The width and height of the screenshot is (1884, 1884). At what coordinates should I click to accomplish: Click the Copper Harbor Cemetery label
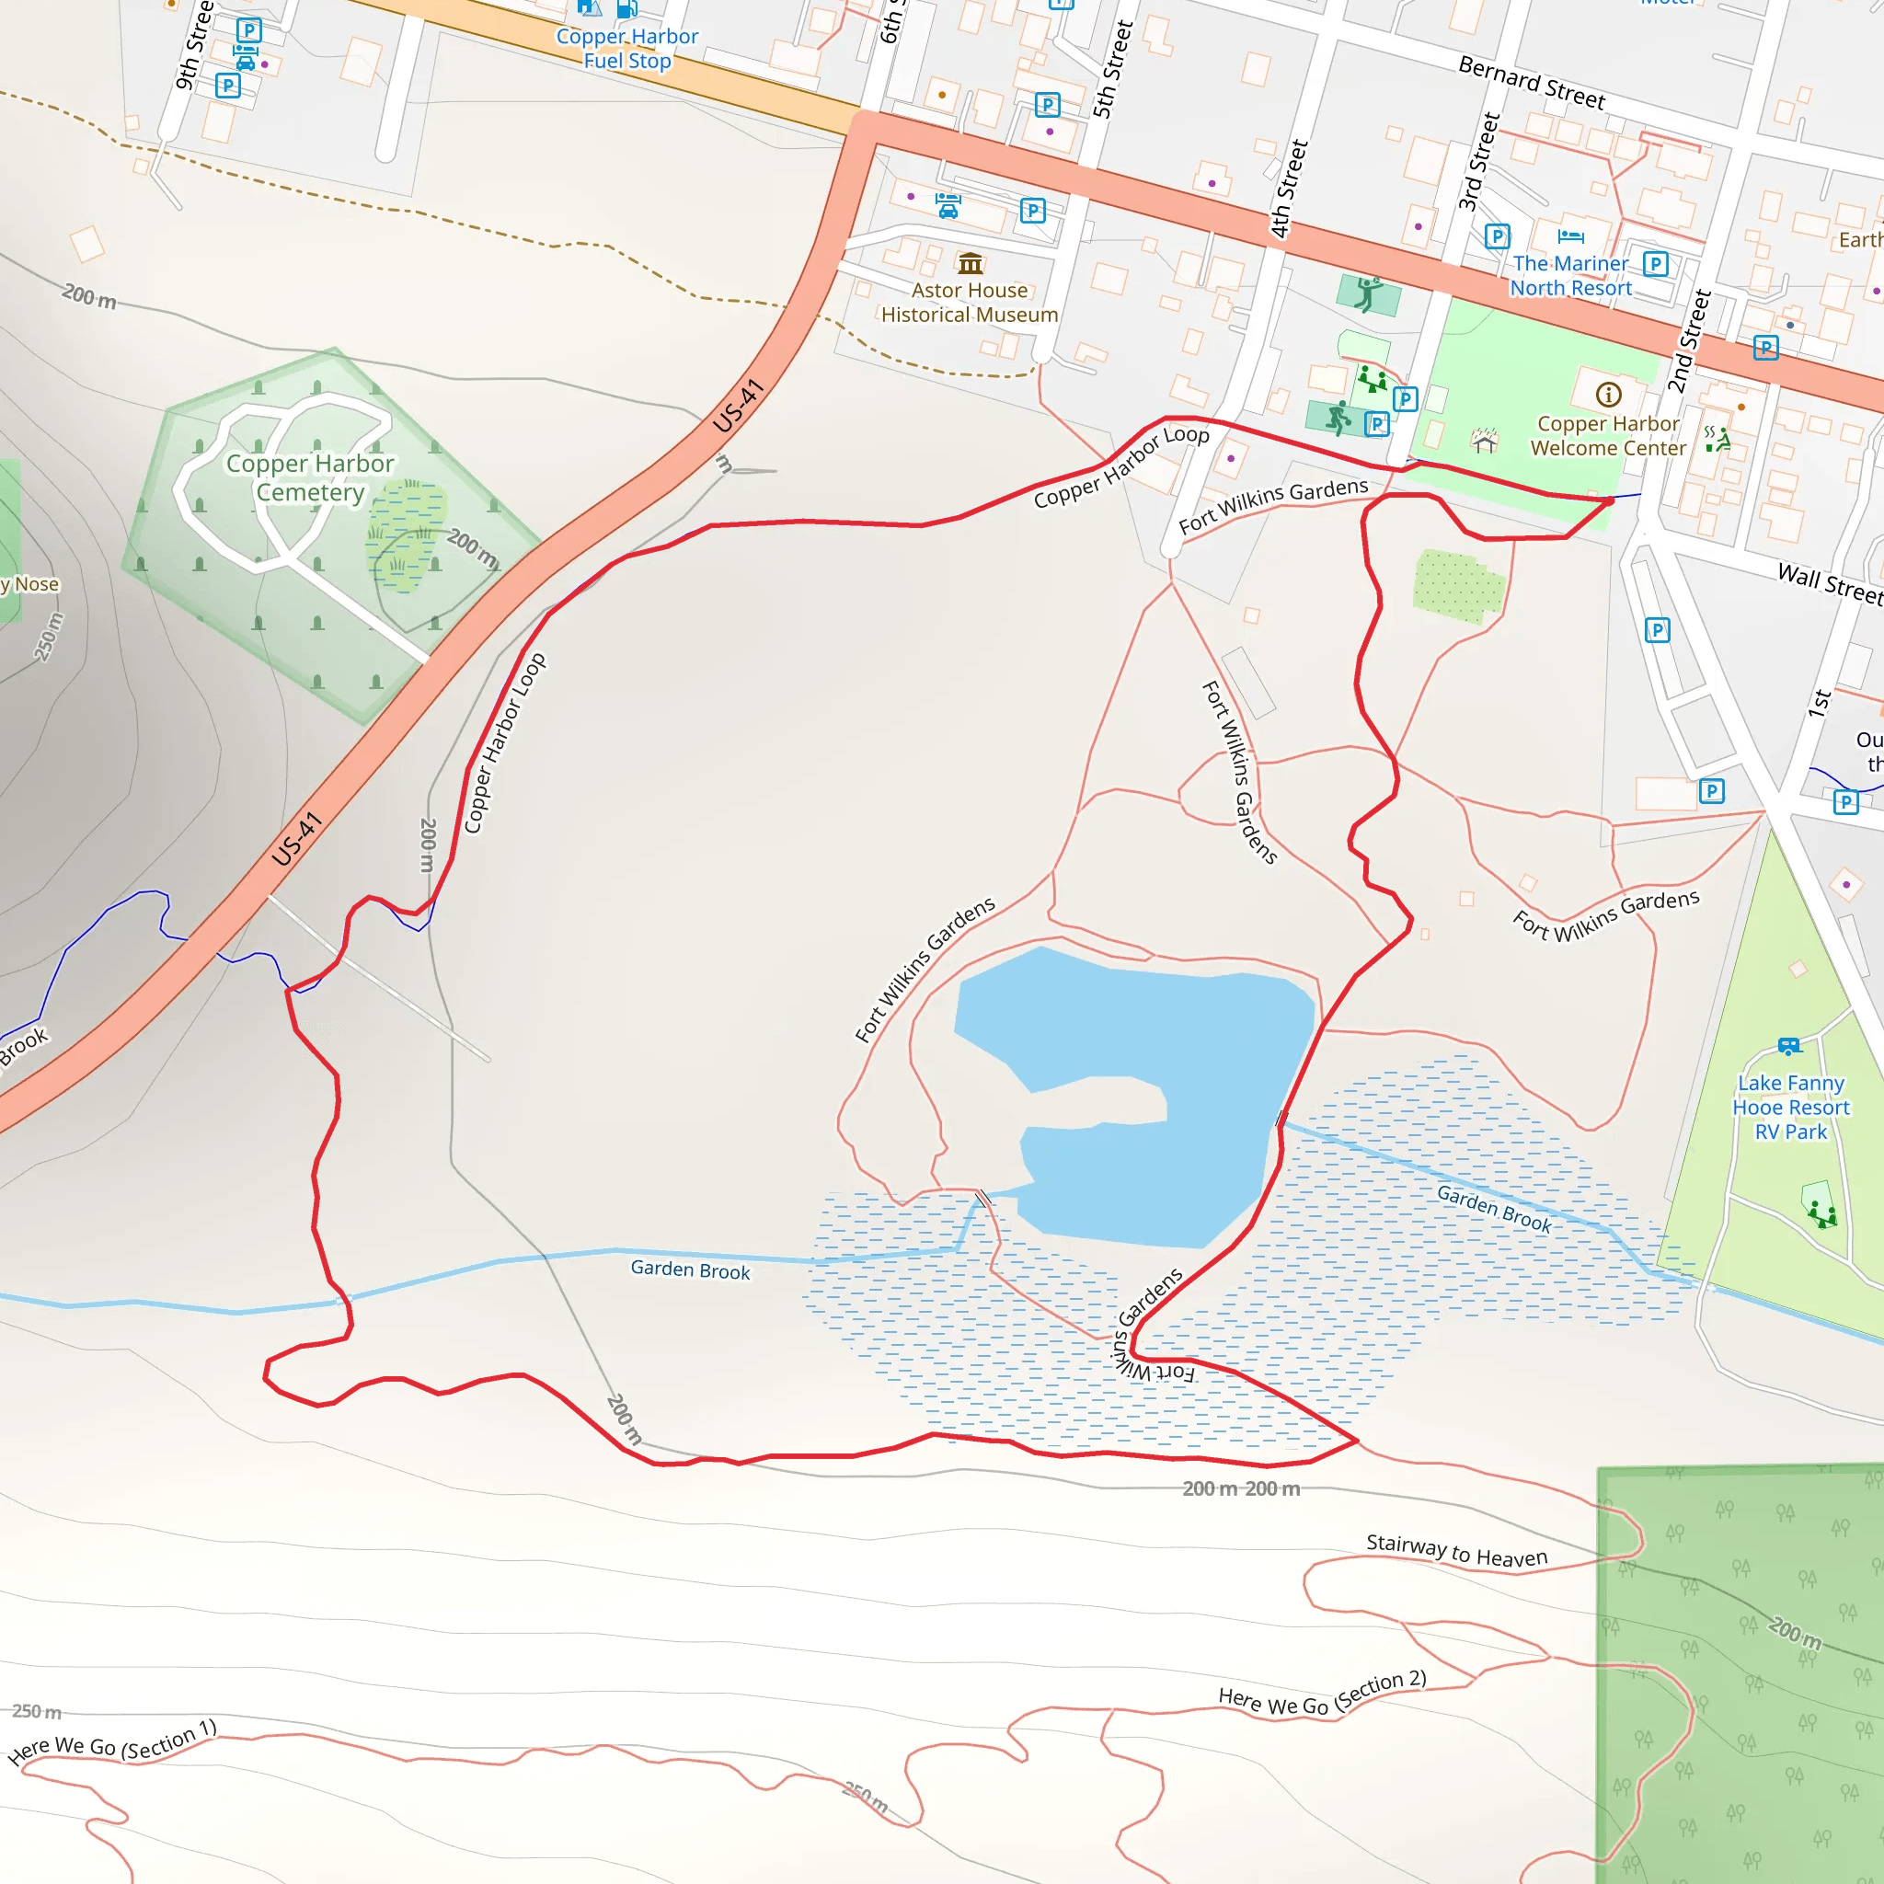point(310,477)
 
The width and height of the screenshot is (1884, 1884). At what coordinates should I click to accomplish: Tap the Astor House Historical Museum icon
point(971,263)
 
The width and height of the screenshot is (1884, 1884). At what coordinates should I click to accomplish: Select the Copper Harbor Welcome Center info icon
point(1609,394)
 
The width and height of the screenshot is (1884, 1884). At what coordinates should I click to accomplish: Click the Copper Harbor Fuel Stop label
point(627,49)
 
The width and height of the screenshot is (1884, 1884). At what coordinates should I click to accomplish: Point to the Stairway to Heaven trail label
point(1456,1549)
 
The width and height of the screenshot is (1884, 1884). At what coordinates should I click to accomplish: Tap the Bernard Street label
point(1531,82)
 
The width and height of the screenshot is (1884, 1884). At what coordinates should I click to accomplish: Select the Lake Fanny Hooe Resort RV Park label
point(1790,1107)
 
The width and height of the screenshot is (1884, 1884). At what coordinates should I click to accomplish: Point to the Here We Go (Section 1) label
point(112,1742)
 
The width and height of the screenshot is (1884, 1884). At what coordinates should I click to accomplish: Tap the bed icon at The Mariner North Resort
point(1571,236)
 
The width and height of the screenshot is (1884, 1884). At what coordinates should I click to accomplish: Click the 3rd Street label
point(1478,161)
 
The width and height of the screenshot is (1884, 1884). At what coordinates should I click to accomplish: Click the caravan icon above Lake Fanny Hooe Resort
point(1788,1045)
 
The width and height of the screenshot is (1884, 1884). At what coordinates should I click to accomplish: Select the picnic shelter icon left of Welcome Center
point(1484,441)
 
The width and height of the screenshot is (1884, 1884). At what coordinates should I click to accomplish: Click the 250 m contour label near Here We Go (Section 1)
point(37,1711)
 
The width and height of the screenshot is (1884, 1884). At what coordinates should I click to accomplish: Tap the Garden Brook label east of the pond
point(1493,1208)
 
